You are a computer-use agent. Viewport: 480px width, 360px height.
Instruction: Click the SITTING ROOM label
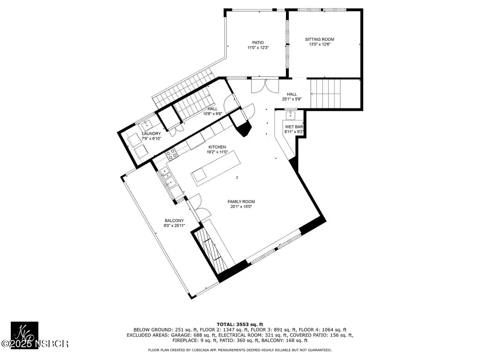point(320,39)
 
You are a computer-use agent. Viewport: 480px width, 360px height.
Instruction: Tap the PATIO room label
point(258,43)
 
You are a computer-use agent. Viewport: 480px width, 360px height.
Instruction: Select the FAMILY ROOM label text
point(241,202)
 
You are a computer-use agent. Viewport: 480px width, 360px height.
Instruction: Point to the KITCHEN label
point(217,147)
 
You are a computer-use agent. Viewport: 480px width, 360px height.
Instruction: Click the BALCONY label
point(174,221)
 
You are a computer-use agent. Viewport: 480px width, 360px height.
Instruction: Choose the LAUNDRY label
point(151,134)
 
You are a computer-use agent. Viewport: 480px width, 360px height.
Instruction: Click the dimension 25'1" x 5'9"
point(292,99)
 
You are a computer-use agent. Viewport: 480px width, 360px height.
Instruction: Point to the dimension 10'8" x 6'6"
point(212,114)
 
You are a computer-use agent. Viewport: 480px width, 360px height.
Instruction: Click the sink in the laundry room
point(147,125)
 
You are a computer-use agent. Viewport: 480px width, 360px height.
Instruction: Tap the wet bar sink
point(290,115)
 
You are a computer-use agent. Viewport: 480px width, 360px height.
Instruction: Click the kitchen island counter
point(216,168)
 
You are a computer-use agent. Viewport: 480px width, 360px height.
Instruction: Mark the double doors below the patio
point(265,86)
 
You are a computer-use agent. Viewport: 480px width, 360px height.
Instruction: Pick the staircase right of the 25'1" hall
point(326,94)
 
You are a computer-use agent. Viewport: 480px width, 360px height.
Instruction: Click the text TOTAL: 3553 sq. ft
point(240,324)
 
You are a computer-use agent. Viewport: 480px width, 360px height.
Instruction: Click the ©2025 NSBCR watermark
point(34,344)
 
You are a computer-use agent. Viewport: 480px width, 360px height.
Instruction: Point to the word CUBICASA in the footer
point(200,350)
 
